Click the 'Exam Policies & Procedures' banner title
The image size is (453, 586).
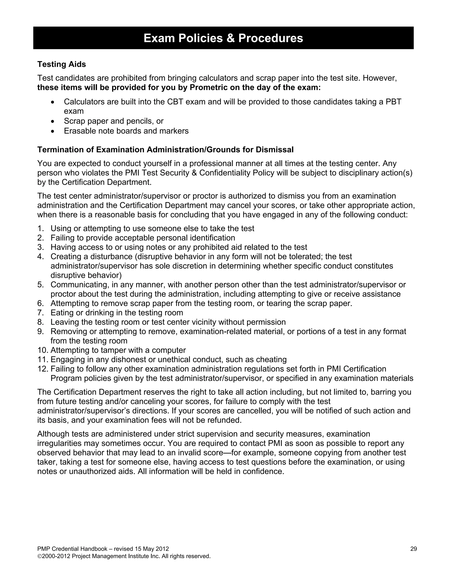[223, 38]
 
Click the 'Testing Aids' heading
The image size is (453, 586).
[61, 64]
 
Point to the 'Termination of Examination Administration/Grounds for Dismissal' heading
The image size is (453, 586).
[165, 150]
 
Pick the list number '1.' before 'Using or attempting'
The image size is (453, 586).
[40, 229]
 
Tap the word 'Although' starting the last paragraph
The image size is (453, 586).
[54, 434]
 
